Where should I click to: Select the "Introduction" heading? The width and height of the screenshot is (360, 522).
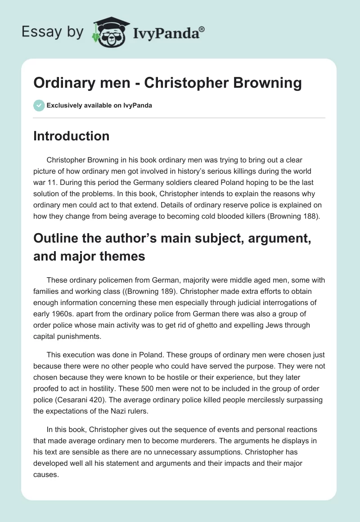click(x=71, y=136)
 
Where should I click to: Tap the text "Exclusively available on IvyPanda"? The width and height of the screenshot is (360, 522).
click(x=99, y=106)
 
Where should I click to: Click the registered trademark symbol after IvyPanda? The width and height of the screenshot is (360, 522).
click(x=202, y=29)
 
